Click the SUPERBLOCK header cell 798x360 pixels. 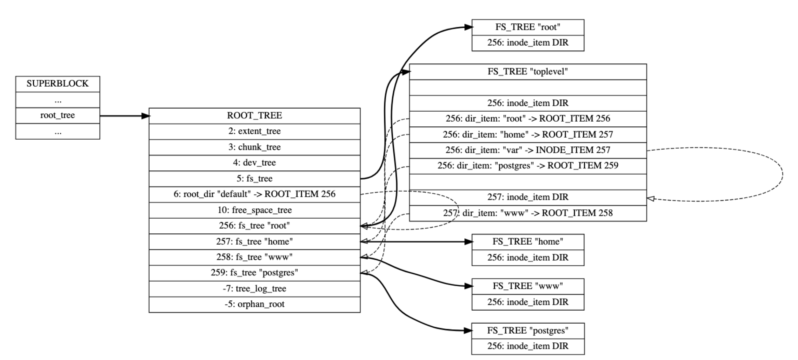(x=57, y=84)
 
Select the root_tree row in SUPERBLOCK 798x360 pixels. (x=57, y=116)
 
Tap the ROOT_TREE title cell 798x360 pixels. (x=254, y=116)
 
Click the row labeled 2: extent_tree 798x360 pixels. (x=254, y=131)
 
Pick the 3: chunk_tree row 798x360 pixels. (x=254, y=147)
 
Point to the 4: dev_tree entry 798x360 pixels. (x=254, y=163)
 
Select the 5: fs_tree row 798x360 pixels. (x=254, y=179)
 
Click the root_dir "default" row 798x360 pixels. (x=254, y=194)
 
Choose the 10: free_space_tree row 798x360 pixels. (x=254, y=210)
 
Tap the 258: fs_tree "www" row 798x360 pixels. (x=254, y=257)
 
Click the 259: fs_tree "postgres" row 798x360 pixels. (x=254, y=273)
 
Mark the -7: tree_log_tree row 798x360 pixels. (x=254, y=288)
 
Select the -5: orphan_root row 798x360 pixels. (x=254, y=304)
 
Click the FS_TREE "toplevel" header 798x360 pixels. (x=528, y=72)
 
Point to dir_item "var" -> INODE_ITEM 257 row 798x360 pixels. (x=528, y=150)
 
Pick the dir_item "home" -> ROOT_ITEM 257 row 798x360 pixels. (x=528, y=135)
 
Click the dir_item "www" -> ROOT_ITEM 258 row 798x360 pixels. (x=528, y=213)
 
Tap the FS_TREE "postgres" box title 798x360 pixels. (x=528, y=330)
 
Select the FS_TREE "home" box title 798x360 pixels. (x=528, y=242)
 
